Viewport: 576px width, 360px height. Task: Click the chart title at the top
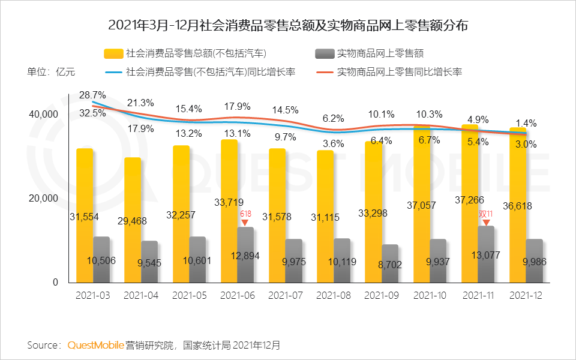[288, 26]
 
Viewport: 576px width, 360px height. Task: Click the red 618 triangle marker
[245, 223]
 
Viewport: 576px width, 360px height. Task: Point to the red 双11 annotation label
[485, 214]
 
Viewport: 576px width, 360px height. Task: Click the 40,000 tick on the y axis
[43, 114]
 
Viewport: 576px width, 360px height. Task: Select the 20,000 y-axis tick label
[43, 199]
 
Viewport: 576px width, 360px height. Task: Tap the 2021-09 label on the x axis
[382, 295]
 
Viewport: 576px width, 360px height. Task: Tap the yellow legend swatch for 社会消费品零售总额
[113, 54]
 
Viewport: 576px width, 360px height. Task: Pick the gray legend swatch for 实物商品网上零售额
[324, 54]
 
